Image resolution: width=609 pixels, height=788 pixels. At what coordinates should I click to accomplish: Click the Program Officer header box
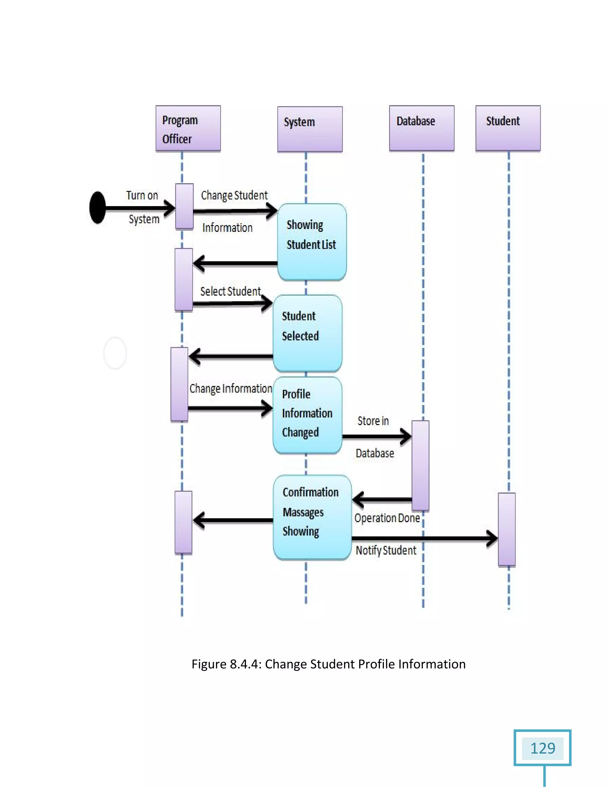pyautogui.click(x=188, y=128)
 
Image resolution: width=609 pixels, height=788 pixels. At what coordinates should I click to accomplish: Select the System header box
pyautogui.click(x=310, y=129)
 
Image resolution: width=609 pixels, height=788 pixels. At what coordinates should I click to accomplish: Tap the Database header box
pyautogui.click(x=421, y=128)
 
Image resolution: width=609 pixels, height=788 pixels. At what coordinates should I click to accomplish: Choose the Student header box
pyautogui.click(x=508, y=128)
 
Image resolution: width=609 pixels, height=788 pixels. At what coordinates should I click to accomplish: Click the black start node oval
pyautogui.click(x=98, y=208)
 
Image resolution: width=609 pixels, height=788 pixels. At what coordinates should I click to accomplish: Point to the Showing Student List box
pyautogui.click(x=312, y=242)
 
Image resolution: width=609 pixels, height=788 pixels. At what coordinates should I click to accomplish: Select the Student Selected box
pyautogui.click(x=307, y=333)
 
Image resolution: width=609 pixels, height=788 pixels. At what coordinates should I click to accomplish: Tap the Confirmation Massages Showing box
pyautogui.click(x=312, y=517)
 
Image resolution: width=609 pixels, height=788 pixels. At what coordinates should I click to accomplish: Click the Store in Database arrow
pyautogui.click(x=376, y=437)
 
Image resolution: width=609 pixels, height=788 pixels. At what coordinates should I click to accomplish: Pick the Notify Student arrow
pyautogui.click(x=424, y=539)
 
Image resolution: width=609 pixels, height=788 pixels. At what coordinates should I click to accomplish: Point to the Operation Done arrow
pyautogui.click(x=382, y=500)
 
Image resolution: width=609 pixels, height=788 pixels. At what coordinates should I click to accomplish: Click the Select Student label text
pyautogui.click(x=230, y=291)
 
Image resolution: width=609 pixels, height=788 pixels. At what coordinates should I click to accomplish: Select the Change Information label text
pyautogui.click(x=230, y=389)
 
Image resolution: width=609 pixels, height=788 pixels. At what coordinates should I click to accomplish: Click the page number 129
pyautogui.click(x=542, y=748)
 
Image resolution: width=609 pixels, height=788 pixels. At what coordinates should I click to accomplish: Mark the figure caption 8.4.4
pyautogui.click(x=328, y=664)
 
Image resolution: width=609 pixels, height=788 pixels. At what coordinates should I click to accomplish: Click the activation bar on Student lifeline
pyautogui.click(x=506, y=529)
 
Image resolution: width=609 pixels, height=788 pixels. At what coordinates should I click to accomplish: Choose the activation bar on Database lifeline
pyautogui.click(x=420, y=465)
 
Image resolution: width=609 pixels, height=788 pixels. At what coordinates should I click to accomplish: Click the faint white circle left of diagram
pyautogui.click(x=115, y=353)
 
